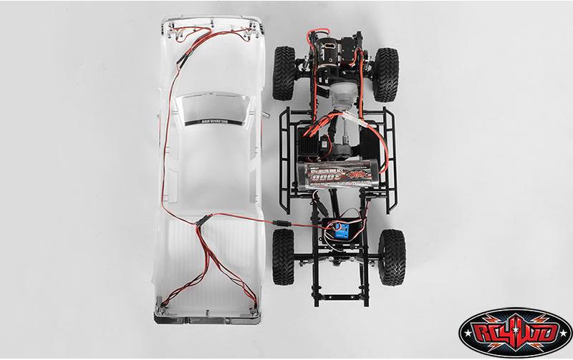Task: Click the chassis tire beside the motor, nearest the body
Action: click(x=284, y=72)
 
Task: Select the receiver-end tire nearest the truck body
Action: click(x=284, y=256)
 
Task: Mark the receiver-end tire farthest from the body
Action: click(x=391, y=256)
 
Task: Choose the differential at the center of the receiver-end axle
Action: click(x=337, y=254)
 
